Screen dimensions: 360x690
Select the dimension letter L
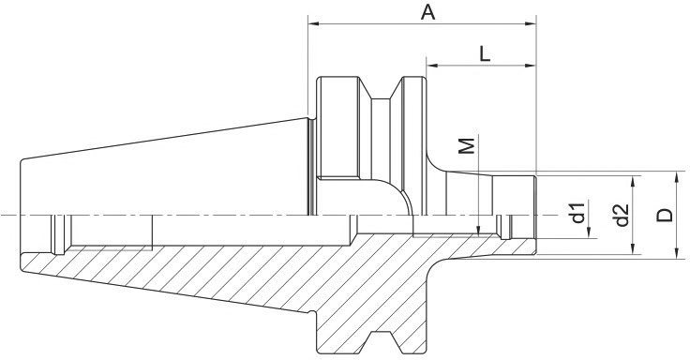click(484, 54)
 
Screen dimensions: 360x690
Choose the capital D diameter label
click(665, 215)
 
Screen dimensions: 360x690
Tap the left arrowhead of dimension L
click(432, 66)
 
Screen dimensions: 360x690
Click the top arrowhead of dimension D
click(677, 177)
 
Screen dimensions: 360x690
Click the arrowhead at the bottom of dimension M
click(480, 231)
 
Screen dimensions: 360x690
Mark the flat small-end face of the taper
click(21, 217)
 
